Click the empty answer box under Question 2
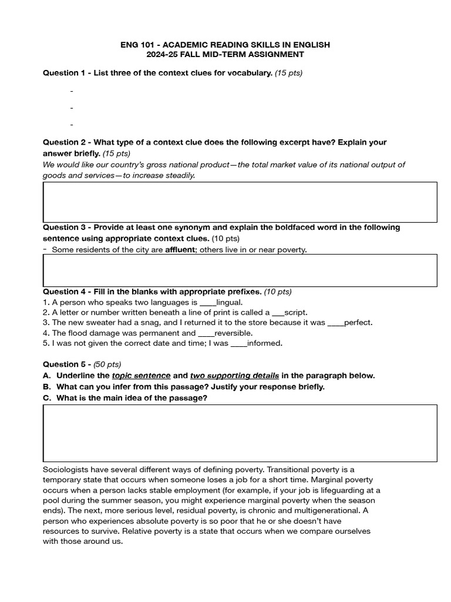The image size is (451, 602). pos(240,202)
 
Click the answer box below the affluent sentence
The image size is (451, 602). pos(240,270)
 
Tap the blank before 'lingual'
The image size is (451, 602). pos(208,302)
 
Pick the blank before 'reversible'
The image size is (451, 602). pos(207,333)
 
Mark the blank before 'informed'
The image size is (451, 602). pos(239,343)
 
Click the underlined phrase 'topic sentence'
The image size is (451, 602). pos(142,376)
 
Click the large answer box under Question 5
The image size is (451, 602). pos(240,433)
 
